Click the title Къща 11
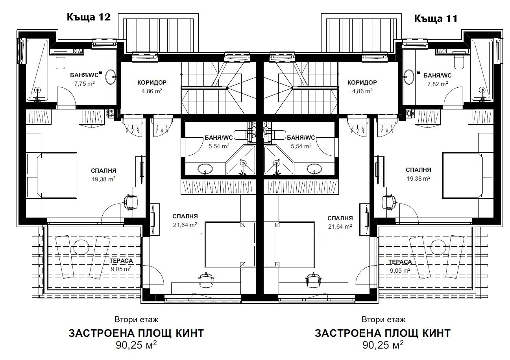click(x=435, y=18)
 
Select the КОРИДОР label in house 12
click(x=152, y=83)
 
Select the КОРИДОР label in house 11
click(x=362, y=83)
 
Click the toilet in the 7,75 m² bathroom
click(x=61, y=62)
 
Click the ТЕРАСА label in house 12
click(x=122, y=261)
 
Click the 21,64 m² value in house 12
click(x=185, y=225)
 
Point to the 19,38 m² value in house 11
click(x=418, y=178)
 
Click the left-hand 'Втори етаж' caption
click(x=137, y=319)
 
